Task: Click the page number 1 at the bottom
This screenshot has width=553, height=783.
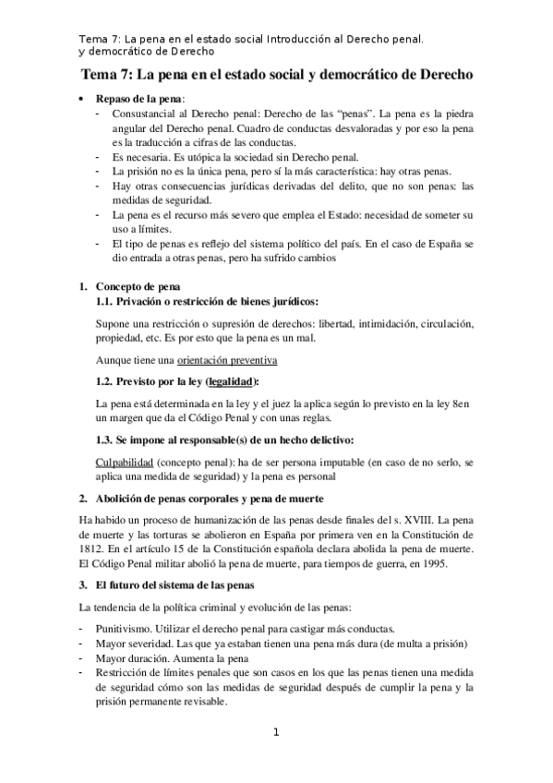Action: point(275,733)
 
